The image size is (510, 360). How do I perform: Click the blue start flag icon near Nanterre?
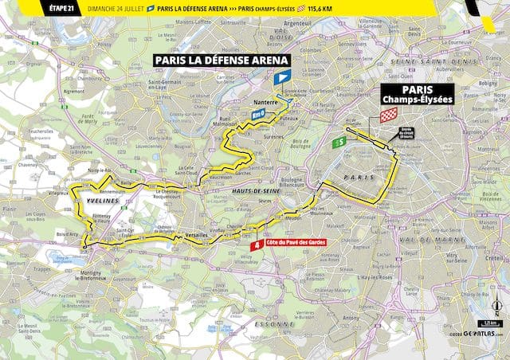281,78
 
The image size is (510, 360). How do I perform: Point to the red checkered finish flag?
387,116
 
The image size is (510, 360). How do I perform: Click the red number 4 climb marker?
256,246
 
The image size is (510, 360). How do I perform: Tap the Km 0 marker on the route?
258,115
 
